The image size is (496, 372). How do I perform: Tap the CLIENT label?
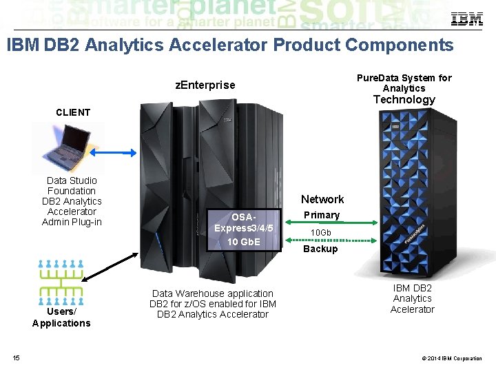click(72, 112)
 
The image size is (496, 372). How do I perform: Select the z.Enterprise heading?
click(205, 85)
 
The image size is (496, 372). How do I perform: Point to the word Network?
click(322, 199)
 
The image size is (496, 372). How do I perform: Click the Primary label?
click(322, 215)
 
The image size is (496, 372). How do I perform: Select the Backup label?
click(320, 249)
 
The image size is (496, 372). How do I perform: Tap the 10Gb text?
click(320, 233)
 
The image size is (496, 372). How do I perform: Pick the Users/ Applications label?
click(61, 317)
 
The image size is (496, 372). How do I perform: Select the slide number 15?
click(16, 357)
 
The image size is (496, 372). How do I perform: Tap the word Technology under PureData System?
click(404, 99)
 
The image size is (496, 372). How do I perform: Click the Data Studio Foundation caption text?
click(72, 201)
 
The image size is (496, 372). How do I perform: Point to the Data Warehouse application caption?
click(212, 304)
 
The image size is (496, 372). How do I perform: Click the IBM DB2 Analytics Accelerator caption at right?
click(412, 298)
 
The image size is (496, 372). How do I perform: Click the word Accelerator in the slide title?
click(222, 45)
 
